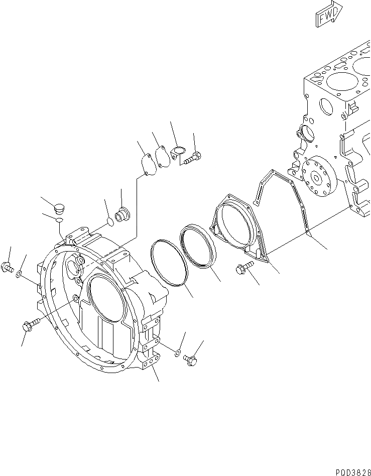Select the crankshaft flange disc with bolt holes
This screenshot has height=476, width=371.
(317, 176)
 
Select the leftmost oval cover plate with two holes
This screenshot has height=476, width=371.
(146, 165)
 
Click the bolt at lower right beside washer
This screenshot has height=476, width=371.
(190, 360)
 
